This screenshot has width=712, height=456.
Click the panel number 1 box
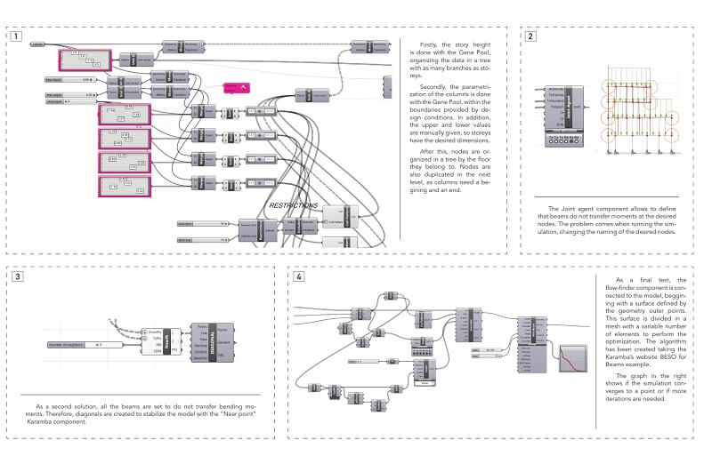tap(17, 37)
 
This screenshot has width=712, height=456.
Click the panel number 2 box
tap(530, 37)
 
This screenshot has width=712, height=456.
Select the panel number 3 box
tap(17, 276)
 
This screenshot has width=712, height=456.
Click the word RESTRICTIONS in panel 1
tap(293, 205)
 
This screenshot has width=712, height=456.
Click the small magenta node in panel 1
tap(238, 87)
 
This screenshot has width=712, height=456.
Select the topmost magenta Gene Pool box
tap(85, 60)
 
